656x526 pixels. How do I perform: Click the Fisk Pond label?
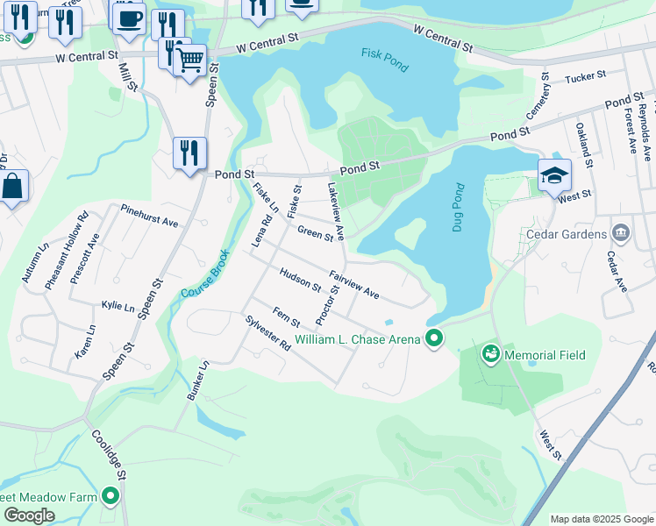[384, 60]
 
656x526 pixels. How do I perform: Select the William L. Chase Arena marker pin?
[433, 338]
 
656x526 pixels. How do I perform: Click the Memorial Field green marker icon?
[490, 355]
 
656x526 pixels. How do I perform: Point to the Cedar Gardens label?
[566, 234]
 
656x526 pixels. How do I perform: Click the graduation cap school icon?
[554, 176]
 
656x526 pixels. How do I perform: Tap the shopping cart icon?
[190, 60]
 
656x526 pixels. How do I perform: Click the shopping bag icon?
[12, 187]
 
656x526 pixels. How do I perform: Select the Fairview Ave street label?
[353, 284]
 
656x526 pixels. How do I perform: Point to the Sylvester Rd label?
[267, 333]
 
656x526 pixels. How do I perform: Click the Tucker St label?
[586, 78]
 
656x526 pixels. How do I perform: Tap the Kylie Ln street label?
[118, 308]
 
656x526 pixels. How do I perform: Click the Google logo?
[29, 515]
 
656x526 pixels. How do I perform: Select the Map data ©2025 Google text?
[602, 519]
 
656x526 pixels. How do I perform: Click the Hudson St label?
[300, 280]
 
